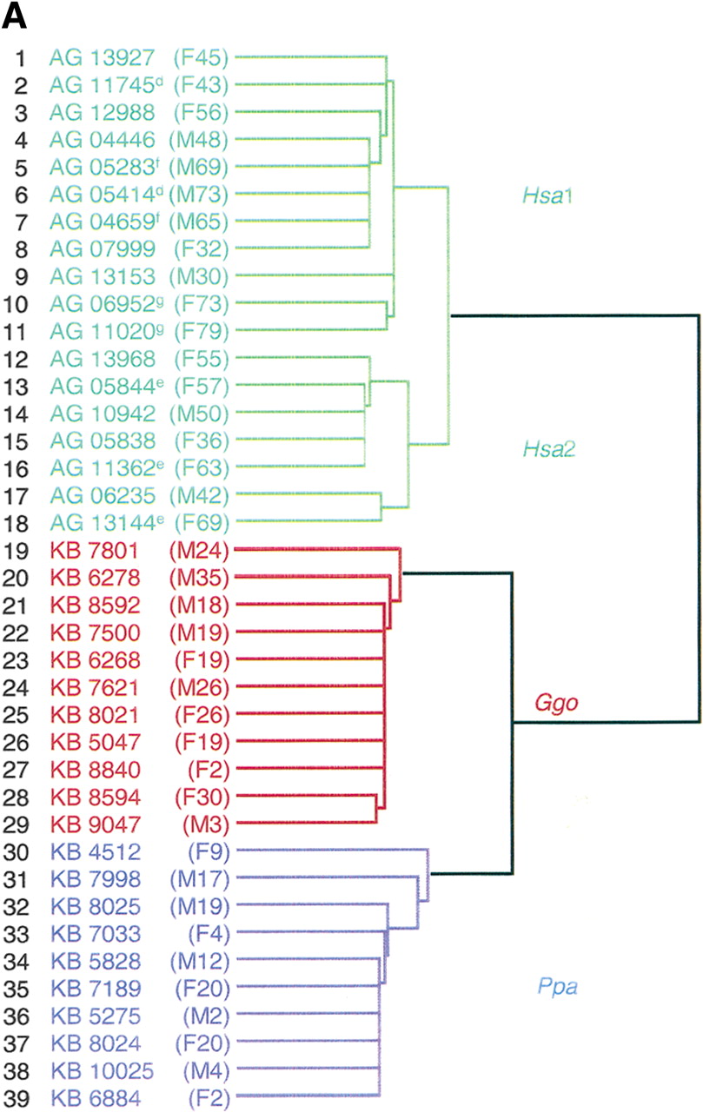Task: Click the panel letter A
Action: tap(15, 15)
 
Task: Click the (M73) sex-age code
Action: tap(201, 195)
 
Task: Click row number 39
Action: tap(17, 1096)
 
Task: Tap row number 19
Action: tap(17, 550)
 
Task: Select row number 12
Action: tap(17, 359)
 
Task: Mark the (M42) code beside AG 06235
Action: tap(201, 495)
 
